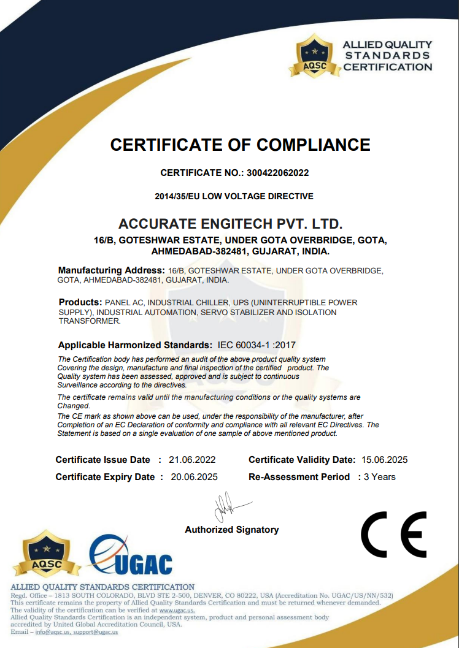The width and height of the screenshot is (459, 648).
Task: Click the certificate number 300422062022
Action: (x=278, y=173)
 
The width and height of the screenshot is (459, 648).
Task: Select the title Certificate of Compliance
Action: (x=240, y=145)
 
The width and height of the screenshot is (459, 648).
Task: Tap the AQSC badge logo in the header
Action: (x=315, y=55)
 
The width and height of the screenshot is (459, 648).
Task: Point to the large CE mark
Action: (x=393, y=534)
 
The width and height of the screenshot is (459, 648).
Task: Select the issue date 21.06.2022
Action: (x=192, y=460)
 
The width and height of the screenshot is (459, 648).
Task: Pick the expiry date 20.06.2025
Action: (x=194, y=477)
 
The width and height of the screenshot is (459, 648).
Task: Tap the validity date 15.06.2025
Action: (x=384, y=460)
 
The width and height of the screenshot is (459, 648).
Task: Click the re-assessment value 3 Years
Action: (x=380, y=477)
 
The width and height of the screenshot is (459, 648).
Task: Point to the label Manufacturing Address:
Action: (x=111, y=270)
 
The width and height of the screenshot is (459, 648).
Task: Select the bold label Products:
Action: (x=80, y=302)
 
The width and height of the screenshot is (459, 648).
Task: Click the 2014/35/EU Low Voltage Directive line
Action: (x=234, y=196)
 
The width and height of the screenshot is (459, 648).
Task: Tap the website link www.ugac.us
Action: (x=177, y=611)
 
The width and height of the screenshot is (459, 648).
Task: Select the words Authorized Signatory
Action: (x=232, y=530)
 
